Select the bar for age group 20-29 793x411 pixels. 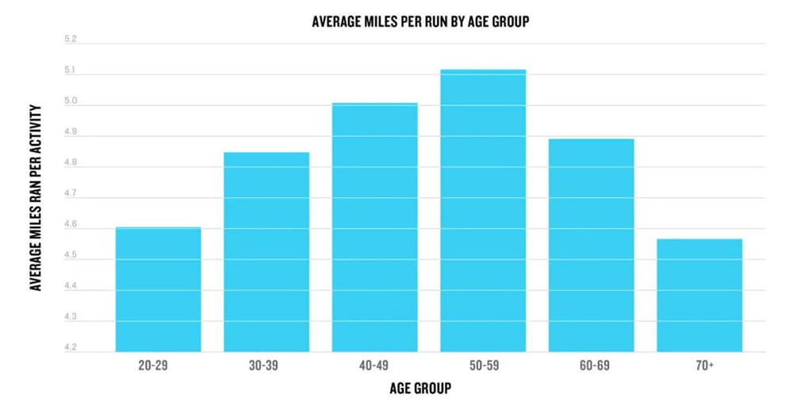[x=159, y=289]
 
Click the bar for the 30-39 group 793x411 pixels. [x=266, y=252]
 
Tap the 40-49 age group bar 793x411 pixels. [x=375, y=227]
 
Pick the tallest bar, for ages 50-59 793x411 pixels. [x=483, y=211]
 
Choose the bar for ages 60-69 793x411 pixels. [x=592, y=245]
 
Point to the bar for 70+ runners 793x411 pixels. [x=699, y=295]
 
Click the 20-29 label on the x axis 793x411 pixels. [x=153, y=365]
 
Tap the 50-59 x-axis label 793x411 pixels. [x=484, y=365]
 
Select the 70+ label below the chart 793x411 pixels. [x=704, y=365]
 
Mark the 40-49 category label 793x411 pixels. [x=374, y=365]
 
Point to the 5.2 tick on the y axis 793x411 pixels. [x=71, y=39]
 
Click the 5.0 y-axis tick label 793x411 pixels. [x=71, y=101]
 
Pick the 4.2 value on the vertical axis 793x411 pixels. [x=71, y=348]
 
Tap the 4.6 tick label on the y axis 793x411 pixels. [x=71, y=224]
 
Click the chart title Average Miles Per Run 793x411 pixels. [x=421, y=21]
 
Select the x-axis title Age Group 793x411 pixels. [x=420, y=388]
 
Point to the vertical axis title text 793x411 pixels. [x=35, y=197]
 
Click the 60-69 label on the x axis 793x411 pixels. [x=594, y=365]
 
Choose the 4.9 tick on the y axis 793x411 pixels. [x=71, y=131]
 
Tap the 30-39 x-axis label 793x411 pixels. [x=263, y=365]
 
